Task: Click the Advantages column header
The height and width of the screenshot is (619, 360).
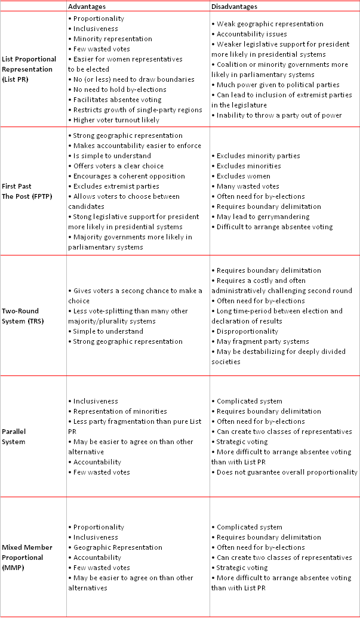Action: (x=87, y=7)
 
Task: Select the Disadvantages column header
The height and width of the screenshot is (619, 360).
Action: (x=235, y=7)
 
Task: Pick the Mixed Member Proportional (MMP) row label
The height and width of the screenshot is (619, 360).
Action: (x=27, y=558)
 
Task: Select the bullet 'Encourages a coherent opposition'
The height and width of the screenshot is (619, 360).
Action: (x=128, y=176)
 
